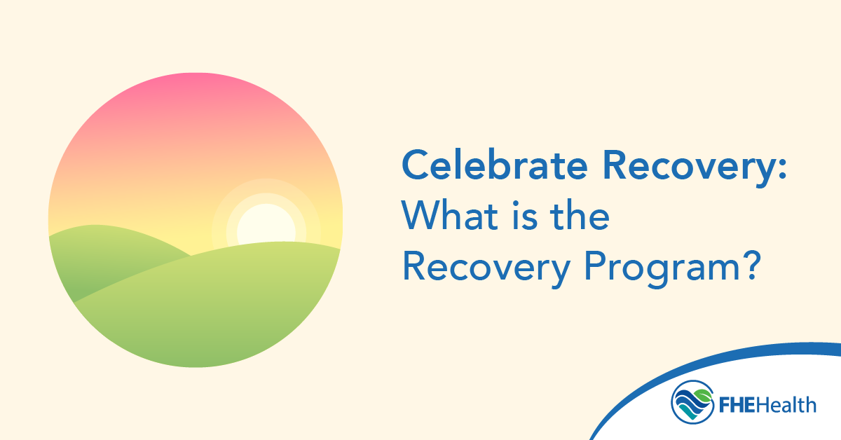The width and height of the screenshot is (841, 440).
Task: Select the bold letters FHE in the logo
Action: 735,404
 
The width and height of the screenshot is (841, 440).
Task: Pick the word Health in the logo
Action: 786,404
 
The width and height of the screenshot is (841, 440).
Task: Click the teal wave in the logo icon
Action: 694,413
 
